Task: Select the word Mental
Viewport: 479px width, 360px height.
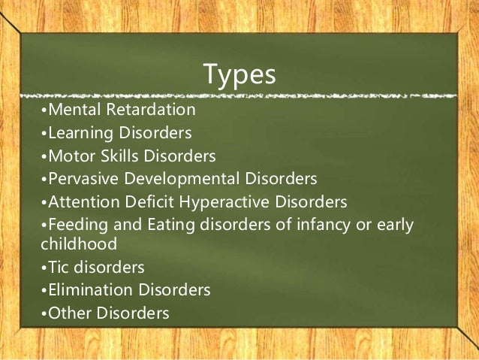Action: click(x=71, y=110)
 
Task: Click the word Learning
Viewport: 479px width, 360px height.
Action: click(x=77, y=134)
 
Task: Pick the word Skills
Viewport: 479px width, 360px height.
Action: click(x=114, y=156)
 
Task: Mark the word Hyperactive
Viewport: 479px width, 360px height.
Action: click(x=221, y=203)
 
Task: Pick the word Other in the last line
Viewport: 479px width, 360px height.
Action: click(x=66, y=312)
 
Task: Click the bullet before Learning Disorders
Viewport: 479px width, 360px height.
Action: click(x=44, y=135)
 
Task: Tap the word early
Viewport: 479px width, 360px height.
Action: click(x=393, y=225)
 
